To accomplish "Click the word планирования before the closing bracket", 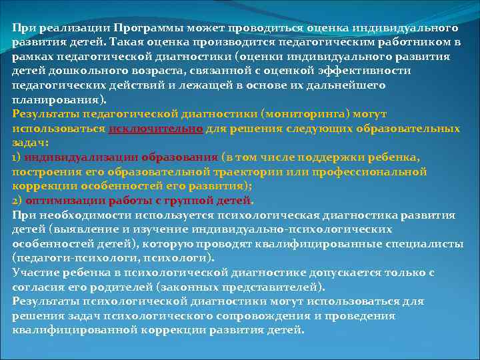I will (x=54, y=99).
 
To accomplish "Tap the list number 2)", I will (x=17, y=200).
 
